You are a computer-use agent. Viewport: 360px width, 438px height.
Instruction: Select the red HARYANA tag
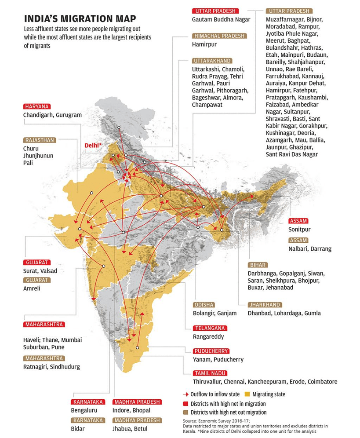tap(37, 106)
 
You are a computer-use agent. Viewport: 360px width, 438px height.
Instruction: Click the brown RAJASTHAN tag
tap(40, 140)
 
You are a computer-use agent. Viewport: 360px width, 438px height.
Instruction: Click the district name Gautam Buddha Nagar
tap(221, 19)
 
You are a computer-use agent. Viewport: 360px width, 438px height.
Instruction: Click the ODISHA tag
tap(204, 305)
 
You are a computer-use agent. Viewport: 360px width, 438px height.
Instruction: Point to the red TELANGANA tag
tap(210, 328)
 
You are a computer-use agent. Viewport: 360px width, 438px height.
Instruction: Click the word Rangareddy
tap(208, 337)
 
